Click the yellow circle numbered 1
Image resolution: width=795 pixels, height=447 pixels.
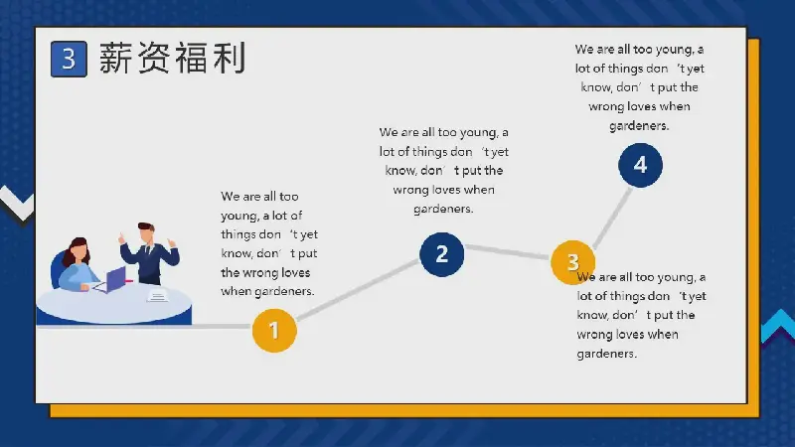(x=274, y=331)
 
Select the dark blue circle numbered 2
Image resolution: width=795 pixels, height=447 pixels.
(x=441, y=254)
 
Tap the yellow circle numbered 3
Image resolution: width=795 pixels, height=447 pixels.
(x=573, y=262)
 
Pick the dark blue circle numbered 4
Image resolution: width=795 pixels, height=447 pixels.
(x=640, y=165)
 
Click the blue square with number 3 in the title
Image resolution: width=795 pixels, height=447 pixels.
(x=69, y=60)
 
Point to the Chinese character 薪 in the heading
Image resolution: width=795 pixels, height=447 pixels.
(x=115, y=58)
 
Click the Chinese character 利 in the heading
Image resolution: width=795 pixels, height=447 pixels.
(x=230, y=58)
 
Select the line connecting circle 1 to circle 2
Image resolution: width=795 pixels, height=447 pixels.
(x=358, y=290)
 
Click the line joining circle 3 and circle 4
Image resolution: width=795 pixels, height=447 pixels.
(x=612, y=218)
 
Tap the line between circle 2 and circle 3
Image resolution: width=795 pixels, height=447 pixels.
(x=508, y=252)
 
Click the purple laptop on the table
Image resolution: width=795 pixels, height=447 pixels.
(x=113, y=279)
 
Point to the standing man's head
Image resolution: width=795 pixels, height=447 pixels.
(x=146, y=232)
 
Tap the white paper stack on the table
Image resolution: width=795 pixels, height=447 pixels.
(x=157, y=295)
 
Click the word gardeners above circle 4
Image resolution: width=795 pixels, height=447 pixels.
(x=639, y=126)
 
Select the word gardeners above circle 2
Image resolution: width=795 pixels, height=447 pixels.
(x=443, y=209)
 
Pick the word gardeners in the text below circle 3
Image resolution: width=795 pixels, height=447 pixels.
(x=607, y=354)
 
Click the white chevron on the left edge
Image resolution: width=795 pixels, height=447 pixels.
(x=17, y=204)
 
